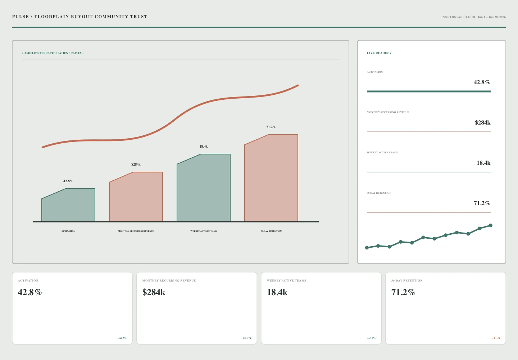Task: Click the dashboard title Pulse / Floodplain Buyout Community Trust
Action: pyautogui.click(x=79, y=17)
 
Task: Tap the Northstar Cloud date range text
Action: pyautogui.click(x=474, y=17)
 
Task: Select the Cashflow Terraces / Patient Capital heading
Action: pyautogui.click(x=53, y=53)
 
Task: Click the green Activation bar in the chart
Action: pyautogui.click(x=68, y=205)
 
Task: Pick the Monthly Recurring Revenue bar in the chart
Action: pyautogui.click(x=136, y=197)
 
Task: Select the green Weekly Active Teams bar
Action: pyautogui.click(x=204, y=188)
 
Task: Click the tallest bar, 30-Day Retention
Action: pyautogui.click(x=271, y=178)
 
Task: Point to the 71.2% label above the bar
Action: pyautogui.click(x=271, y=127)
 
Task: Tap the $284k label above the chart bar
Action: pyautogui.click(x=136, y=165)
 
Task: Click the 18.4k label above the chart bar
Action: pyautogui.click(x=204, y=147)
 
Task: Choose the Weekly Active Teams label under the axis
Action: pyautogui.click(x=204, y=231)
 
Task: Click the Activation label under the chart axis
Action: pyautogui.click(x=68, y=231)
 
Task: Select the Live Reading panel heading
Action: pyautogui.click(x=379, y=53)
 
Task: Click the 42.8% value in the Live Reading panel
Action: pyautogui.click(x=482, y=82)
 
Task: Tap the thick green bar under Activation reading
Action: pyautogui.click(x=428, y=91)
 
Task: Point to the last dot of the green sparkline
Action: pyautogui.click(x=491, y=225)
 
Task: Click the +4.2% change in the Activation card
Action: pyautogui.click(x=122, y=338)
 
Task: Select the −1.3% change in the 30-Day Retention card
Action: pyautogui.click(x=496, y=338)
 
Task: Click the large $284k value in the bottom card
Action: pyautogui.click(x=154, y=292)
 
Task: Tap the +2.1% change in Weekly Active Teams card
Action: pyautogui.click(x=371, y=338)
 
